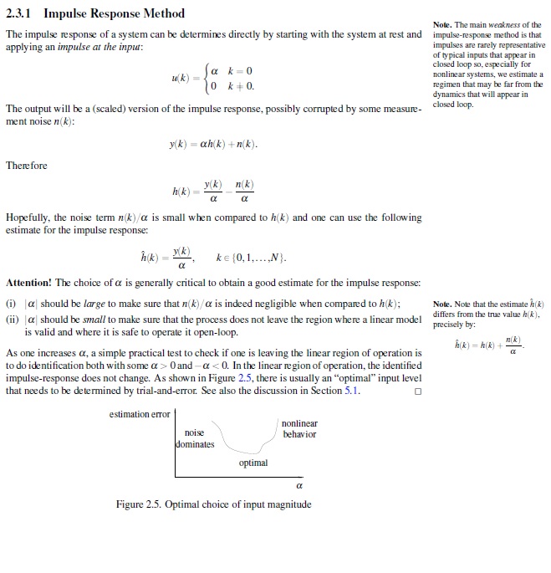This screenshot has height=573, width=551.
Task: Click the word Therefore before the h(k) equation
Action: tap(27, 166)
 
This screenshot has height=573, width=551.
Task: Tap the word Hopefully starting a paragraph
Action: tap(30, 217)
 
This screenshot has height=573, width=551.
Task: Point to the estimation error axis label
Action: tap(140, 413)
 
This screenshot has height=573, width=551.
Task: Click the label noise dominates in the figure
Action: tap(195, 438)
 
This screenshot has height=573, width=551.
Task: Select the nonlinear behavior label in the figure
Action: tap(299, 429)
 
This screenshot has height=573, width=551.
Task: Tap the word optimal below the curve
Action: tap(253, 463)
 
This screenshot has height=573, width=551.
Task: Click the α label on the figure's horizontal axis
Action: tap(298, 485)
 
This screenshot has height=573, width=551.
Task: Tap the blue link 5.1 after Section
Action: tap(351, 390)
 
